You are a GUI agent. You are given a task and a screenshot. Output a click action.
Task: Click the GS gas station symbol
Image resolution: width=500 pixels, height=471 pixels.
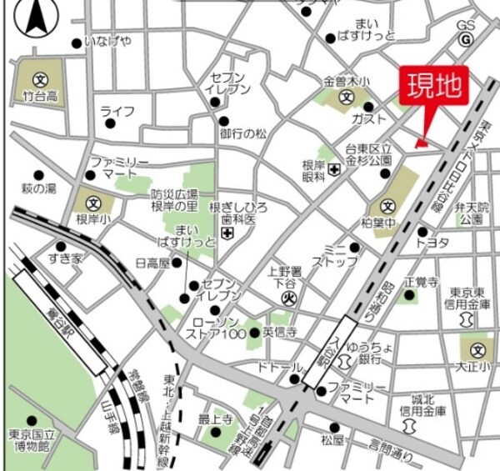(x=467, y=39)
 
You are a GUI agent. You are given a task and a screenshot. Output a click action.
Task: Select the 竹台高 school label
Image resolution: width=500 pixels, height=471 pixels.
(x=38, y=97)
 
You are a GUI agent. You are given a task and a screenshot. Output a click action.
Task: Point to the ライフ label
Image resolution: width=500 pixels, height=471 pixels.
(x=117, y=111)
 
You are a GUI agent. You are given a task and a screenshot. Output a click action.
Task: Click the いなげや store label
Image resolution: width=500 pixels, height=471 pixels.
(x=109, y=42)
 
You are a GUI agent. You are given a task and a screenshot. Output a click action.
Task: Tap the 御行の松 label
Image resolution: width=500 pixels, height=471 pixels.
(x=243, y=133)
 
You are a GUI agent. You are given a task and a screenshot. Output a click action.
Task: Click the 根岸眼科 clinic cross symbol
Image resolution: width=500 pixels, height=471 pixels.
(x=333, y=170)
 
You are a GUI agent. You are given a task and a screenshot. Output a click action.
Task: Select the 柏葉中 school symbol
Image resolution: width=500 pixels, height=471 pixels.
(x=387, y=206)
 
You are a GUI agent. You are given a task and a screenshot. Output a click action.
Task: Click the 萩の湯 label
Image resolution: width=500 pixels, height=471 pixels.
(x=38, y=189)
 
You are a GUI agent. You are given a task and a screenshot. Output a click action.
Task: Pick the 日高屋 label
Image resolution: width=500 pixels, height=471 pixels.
(x=152, y=263)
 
